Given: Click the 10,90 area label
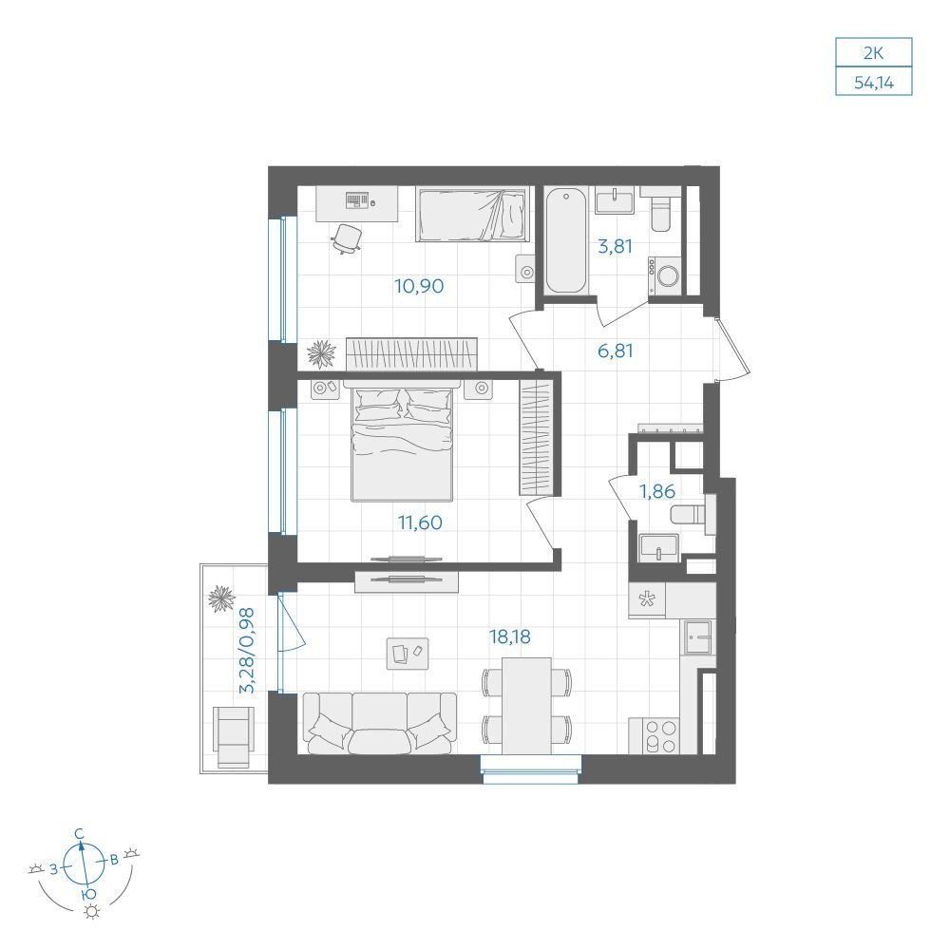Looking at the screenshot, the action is click(419, 286).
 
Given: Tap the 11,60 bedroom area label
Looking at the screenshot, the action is click(420, 522).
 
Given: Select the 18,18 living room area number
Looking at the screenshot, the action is click(509, 636).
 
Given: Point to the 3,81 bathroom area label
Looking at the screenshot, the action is click(615, 247).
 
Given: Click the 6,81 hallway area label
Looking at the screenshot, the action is click(615, 351).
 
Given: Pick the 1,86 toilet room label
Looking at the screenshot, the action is click(657, 491).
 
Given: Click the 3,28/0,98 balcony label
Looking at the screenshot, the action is click(247, 651).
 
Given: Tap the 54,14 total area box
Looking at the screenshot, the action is click(874, 82).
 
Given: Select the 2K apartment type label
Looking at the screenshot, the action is click(873, 53).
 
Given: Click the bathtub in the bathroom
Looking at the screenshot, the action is click(565, 240).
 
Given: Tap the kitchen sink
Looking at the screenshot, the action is click(698, 637).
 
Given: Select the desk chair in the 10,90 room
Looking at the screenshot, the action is click(347, 238).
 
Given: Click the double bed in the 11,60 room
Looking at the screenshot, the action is click(402, 442).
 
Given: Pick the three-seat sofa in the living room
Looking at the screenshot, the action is click(380, 723).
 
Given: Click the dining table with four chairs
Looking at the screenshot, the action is click(526, 705).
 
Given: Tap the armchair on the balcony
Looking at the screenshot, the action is click(234, 736).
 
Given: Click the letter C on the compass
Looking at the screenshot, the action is click(79, 834).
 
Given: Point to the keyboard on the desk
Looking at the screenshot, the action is click(357, 199).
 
